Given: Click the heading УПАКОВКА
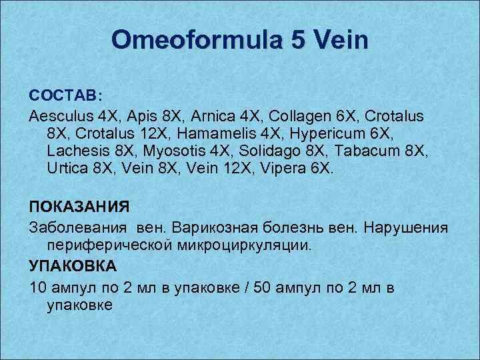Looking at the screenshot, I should tap(73, 266).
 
